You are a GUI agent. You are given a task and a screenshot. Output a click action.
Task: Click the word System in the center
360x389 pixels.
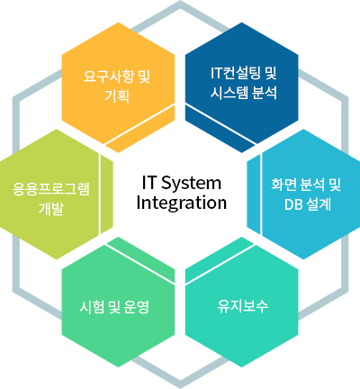coord(192,184)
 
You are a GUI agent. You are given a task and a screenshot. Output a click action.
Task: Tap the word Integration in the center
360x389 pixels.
coord(182,203)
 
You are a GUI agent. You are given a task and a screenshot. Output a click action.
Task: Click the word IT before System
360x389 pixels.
coord(148,183)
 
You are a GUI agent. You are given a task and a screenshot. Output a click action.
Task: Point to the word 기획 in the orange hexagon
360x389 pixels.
coord(117,96)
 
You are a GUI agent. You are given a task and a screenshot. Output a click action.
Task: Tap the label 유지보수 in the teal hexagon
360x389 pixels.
coord(243,306)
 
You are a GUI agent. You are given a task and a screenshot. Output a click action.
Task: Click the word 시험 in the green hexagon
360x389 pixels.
coord(92,307)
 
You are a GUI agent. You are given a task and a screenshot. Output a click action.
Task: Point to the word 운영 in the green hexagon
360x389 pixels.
coord(137,307)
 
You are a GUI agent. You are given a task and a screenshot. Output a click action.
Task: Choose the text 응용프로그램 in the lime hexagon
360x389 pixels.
coord(51,188)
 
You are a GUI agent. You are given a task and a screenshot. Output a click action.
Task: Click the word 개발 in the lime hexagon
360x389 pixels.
coord(51,209)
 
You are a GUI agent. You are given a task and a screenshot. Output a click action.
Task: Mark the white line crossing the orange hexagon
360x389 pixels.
coord(139,124)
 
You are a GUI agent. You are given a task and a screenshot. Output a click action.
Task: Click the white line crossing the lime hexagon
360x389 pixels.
coord(100,194)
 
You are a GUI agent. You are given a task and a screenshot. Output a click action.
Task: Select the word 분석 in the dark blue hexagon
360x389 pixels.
coord(264,93)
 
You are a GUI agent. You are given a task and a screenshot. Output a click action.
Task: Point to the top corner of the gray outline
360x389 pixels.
coord(180,2)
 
